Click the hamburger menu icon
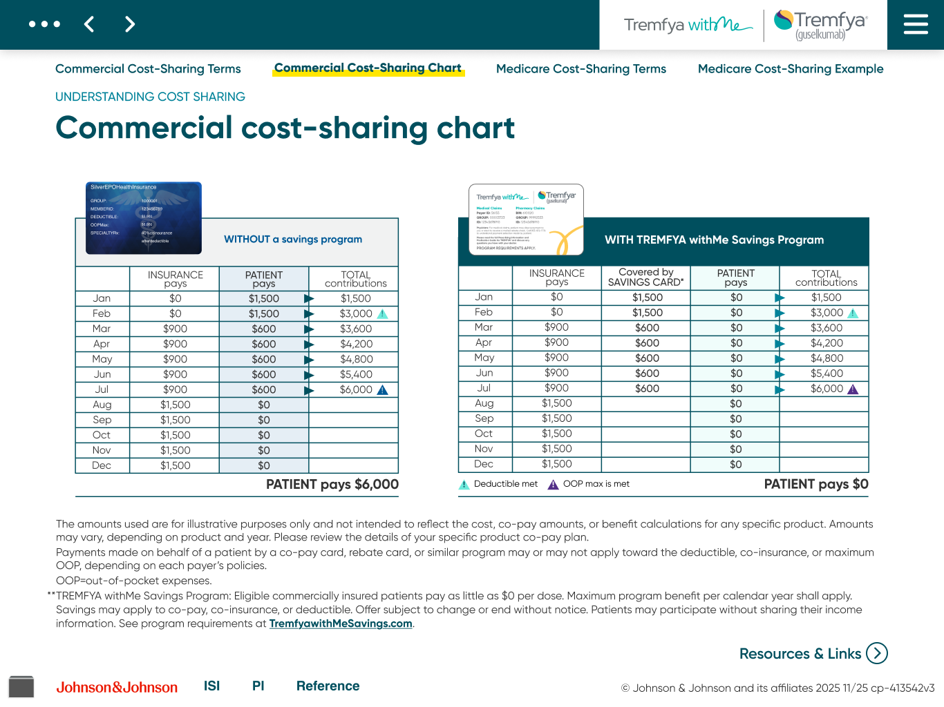[916, 24]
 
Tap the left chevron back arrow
[89, 25]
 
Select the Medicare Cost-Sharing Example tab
[790, 69]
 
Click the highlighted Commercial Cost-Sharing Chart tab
[368, 68]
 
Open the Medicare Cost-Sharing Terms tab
[580, 69]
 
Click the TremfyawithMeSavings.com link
[341, 623]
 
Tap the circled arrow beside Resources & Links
[877, 653]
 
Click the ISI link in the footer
[211, 686]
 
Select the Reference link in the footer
[328, 686]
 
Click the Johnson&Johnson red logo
[117, 687]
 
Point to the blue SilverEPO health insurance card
[144, 217]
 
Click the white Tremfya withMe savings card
[526, 220]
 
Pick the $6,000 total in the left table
[356, 389]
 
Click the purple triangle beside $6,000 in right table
[853, 389]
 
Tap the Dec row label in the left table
[102, 465]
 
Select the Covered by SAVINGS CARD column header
[645, 277]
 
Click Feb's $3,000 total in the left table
[356, 313]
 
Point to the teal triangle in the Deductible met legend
[464, 485]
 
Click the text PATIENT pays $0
[815, 484]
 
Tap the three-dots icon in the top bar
[44, 24]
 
